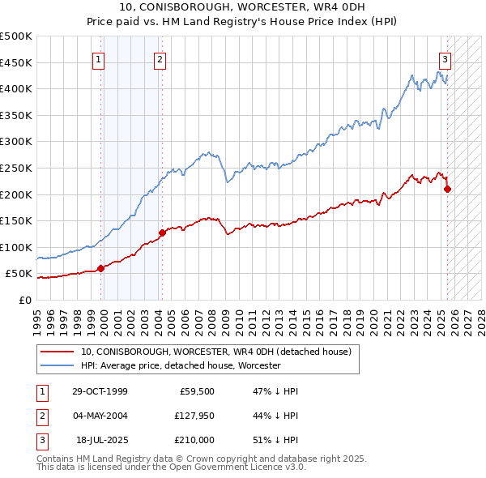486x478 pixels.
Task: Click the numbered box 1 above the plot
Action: point(98,59)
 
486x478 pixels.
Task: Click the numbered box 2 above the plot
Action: point(160,59)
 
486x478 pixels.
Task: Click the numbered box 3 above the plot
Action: point(445,59)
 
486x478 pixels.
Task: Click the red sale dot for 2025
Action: point(448,189)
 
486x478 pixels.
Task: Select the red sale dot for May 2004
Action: point(162,233)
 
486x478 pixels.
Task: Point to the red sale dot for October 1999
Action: point(100,268)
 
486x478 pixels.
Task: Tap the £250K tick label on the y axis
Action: point(17,168)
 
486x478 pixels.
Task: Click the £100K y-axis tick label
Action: point(17,247)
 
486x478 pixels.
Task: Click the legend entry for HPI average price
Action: point(180,366)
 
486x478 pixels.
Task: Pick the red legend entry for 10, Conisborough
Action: point(215,352)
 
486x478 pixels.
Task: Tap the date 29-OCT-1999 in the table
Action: point(100,391)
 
